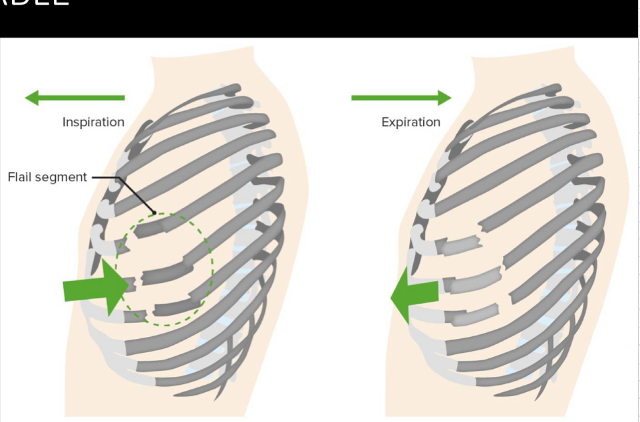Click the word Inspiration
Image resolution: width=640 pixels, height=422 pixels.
coord(93,122)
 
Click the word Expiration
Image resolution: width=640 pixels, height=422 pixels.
coord(410,122)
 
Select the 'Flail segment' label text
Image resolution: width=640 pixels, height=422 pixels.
coord(47,177)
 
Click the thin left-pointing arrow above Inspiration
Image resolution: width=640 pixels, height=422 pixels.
coord(75,98)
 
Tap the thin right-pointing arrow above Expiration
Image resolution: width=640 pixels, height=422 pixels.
coord(401,98)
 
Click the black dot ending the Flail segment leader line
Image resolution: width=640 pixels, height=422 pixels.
coord(154,213)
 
